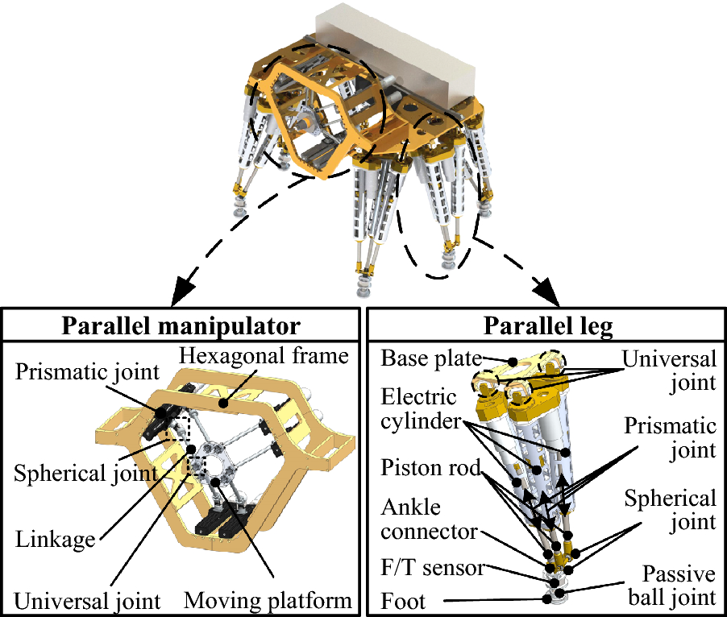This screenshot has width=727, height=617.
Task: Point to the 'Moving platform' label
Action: click(268, 600)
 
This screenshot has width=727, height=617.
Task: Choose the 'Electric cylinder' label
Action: click(419, 409)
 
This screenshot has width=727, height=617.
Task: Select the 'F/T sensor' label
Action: click(431, 568)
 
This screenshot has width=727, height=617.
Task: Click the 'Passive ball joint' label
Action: click(678, 586)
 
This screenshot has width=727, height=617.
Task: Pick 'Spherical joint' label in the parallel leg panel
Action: click(670, 511)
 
